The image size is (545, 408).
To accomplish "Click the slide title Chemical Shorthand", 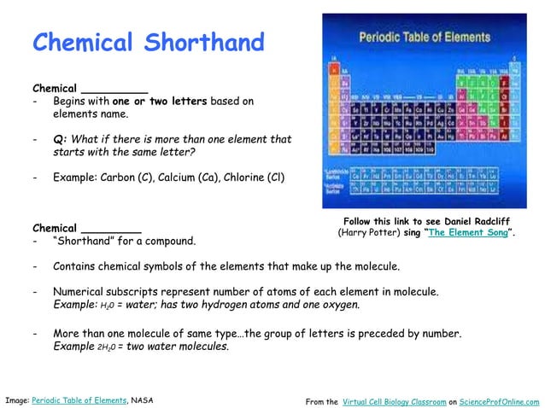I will (x=148, y=42).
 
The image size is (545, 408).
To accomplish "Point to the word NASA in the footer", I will (x=143, y=399).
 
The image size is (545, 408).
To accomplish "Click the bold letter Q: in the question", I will (x=60, y=139).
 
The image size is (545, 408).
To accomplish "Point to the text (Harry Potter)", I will (x=369, y=232).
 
